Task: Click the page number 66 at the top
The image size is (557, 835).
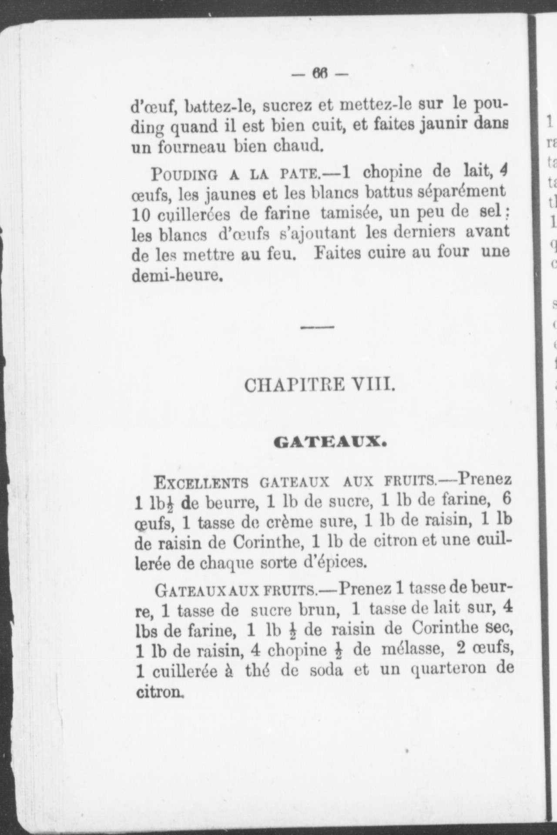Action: point(320,74)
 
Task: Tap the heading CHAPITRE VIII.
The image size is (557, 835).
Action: point(320,385)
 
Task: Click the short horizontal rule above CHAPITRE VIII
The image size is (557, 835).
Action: point(318,327)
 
